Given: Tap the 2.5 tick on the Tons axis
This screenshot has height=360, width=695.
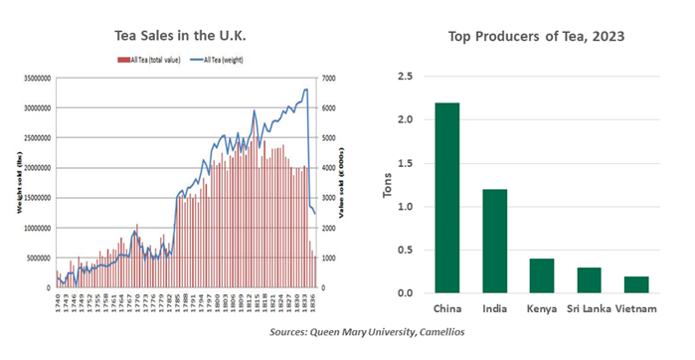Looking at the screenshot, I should coord(406,77).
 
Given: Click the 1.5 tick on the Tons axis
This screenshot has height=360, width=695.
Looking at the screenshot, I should coord(406,163).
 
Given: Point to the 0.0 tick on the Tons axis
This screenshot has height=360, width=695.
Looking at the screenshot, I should coord(406,293).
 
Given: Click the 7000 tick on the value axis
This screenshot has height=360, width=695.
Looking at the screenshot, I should coord(326,78).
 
